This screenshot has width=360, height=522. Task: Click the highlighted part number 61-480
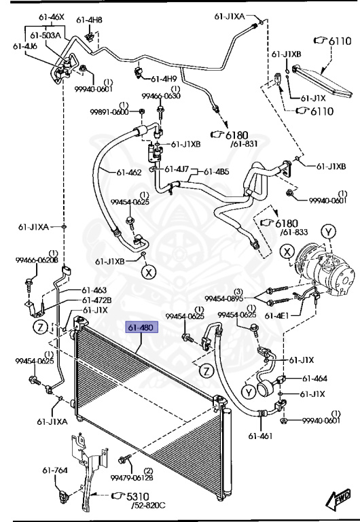pyautogui.click(x=141, y=328)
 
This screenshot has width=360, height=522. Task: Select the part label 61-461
pyautogui.click(x=260, y=436)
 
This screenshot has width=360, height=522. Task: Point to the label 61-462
pyautogui.click(x=129, y=173)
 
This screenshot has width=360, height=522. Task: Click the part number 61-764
pyautogui.click(x=55, y=470)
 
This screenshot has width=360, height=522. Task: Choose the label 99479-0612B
pyautogui.click(x=132, y=478)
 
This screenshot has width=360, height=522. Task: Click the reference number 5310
pyautogui.click(x=137, y=497)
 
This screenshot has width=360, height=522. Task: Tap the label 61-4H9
pyautogui.click(x=164, y=80)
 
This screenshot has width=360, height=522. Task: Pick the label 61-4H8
pyautogui.click(x=89, y=20)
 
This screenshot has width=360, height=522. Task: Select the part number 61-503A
pyautogui.click(x=46, y=35)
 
